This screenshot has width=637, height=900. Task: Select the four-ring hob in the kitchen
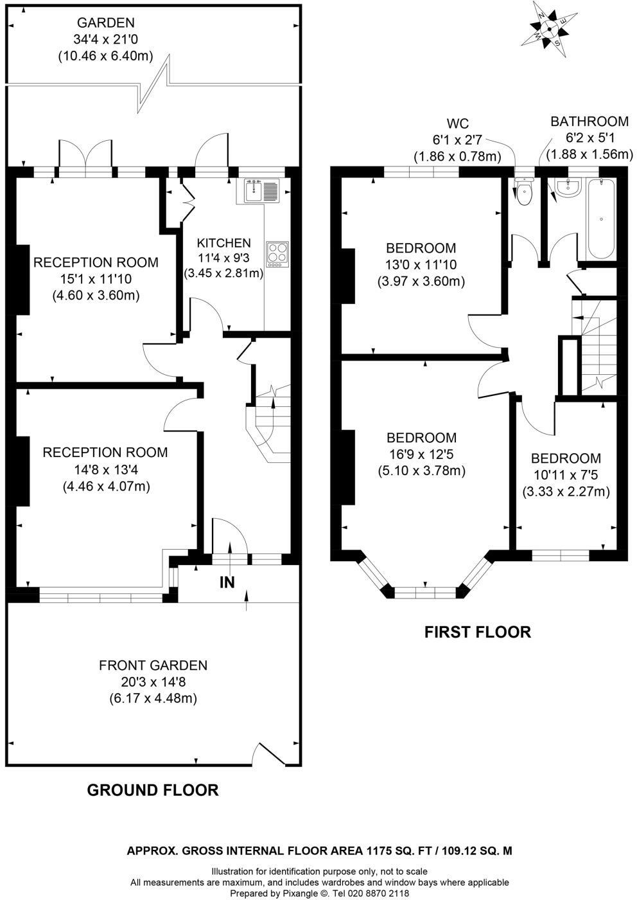[277, 253]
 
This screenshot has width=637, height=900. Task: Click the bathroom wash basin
[568, 188]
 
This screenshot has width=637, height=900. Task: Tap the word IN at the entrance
[227, 582]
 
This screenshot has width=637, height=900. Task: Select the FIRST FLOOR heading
[478, 632]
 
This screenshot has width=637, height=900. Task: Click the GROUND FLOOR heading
[153, 789]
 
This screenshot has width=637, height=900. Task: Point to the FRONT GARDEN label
[153, 665]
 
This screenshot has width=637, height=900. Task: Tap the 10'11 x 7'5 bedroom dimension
[566, 475]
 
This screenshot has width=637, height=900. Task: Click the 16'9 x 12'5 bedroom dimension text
[421, 455]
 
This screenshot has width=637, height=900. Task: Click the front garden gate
[270, 755]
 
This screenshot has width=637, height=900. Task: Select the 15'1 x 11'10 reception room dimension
[96, 279]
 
